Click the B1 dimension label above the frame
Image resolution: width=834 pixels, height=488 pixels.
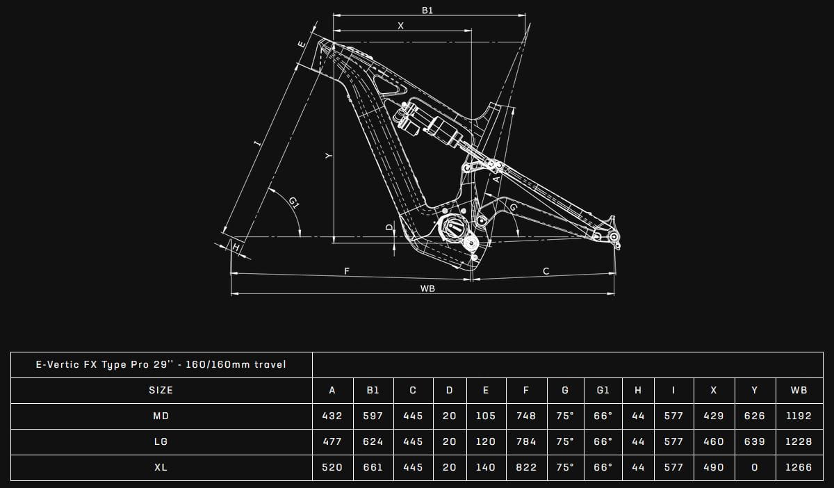tap(428, 10)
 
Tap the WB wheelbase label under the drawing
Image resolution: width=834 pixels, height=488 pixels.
tap(427, 288)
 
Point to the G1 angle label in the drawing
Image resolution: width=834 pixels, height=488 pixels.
tap(295, 203)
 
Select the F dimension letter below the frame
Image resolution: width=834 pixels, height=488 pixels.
tap(347, 271)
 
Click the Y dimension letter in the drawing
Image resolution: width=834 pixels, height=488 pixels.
tap(329, 156)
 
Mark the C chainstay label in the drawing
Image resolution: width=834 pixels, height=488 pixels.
tap(546, 271)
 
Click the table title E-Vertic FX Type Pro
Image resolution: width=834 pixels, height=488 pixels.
tap(161, 364)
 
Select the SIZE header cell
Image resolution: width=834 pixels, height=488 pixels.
tap(161, 390)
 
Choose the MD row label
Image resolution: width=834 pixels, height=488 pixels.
tap(161, 416)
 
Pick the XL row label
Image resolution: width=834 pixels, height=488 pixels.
tap(161, 467)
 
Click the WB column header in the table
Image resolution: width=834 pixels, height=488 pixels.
tap(799, 390)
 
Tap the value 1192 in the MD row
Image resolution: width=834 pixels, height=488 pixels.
tap(799, 416)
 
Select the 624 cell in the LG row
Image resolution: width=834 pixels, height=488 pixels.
tap(373, 441)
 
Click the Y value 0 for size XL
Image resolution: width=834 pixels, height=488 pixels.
tap(754, 467)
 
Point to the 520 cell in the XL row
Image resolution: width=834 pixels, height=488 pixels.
tap(332, 467)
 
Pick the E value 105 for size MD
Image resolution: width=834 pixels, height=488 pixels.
tap(485, 416)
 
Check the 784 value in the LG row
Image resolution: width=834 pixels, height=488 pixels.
tap(526, 441)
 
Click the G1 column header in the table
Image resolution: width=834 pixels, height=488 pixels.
tap(603, 390)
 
